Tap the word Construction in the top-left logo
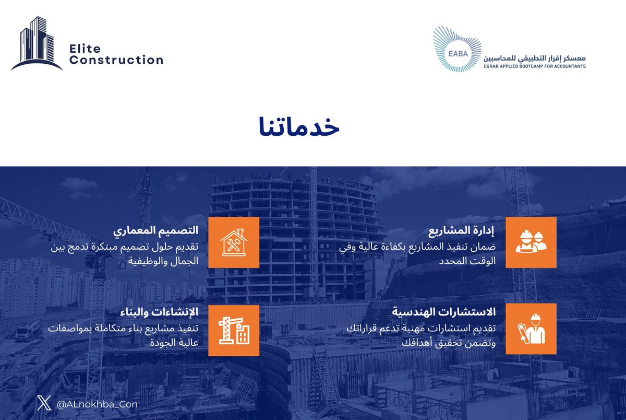(x=116, y=60)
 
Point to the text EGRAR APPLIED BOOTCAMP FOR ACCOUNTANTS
(x=534, y=66)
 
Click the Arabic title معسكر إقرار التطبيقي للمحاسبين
(x=534, y=57)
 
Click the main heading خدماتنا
(x=299, y=129)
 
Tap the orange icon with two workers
(x=531, y=242)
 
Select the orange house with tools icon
(x=233, y=242)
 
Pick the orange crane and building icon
(x=233, y=331)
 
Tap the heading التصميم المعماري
(x=156, y=231)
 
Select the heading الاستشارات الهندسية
(x=444, y=312)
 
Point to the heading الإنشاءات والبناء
(x=159, y=312)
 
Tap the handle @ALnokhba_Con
(x=97, y=404)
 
